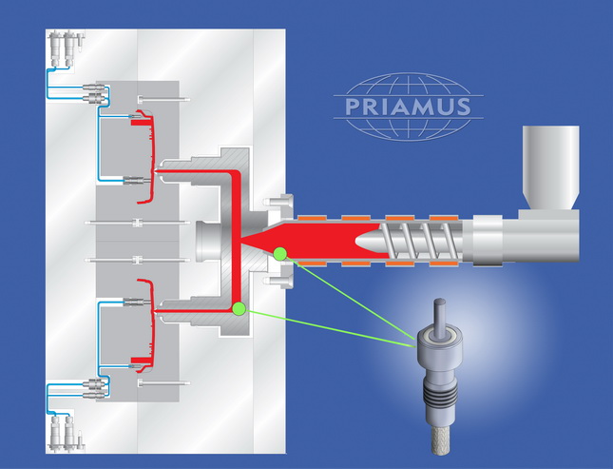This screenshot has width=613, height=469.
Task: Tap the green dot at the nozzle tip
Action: [280, 253]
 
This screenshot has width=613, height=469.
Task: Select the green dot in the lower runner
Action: [239, 308]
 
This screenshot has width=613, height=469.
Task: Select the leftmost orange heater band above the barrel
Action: [312, 219]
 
